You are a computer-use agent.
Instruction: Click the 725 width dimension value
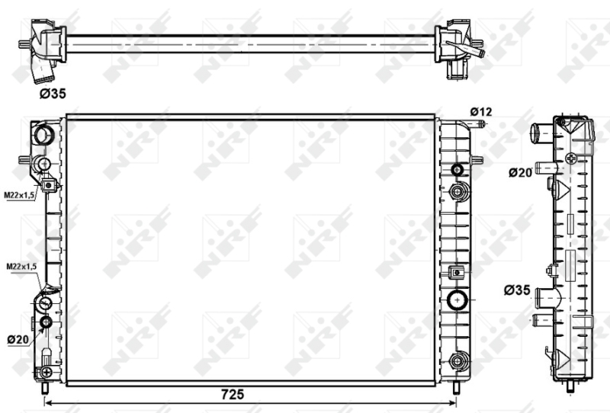pos(233,395)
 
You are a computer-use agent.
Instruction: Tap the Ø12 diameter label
pos(481,112)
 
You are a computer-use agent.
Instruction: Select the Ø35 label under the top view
pos(53,93)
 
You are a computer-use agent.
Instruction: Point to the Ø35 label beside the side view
pos(517,290)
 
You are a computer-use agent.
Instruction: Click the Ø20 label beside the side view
pos(520,172)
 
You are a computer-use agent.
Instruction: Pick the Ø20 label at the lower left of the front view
pos(18,340)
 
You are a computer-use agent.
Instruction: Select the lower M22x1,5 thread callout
pos(21,267)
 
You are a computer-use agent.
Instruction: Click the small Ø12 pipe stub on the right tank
pos(478,124)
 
